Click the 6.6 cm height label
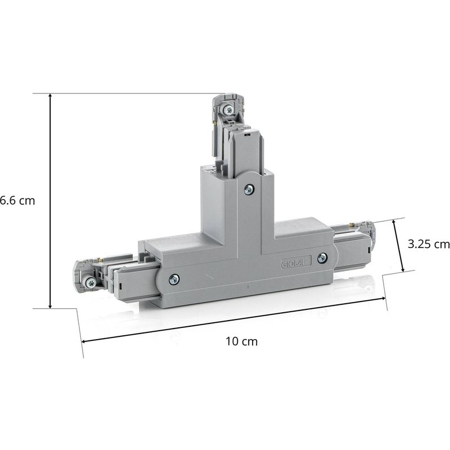coord(17,201)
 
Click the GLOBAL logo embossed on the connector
coord(291,263)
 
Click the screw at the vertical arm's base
coord(247,190)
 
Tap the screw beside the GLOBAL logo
coord(322,258)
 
